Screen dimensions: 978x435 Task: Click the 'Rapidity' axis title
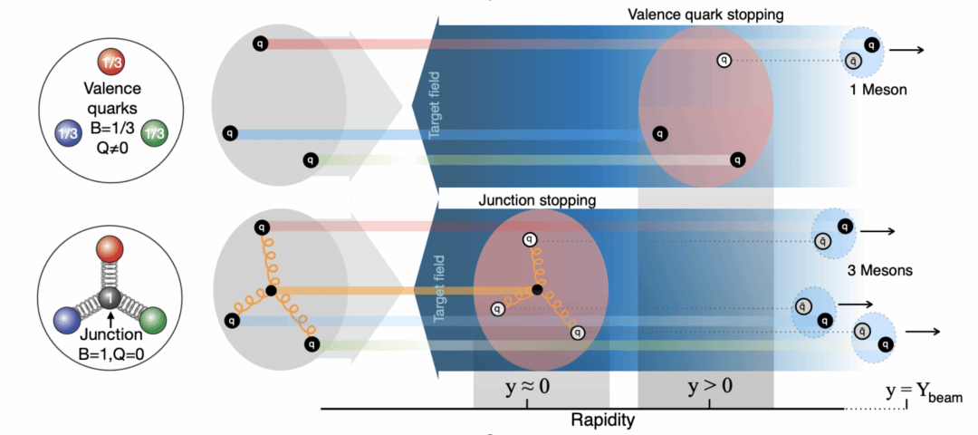click(603, 420)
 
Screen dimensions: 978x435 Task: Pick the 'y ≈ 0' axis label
click(527, 388)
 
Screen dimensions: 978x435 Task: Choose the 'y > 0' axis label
click(710, 388)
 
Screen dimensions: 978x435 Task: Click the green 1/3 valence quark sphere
click(153, 132)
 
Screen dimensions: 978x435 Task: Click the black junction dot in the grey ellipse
click(271, 291)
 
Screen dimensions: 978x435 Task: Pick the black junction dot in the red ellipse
click(537, 290)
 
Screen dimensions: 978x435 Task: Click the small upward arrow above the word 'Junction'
click(110, 320)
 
